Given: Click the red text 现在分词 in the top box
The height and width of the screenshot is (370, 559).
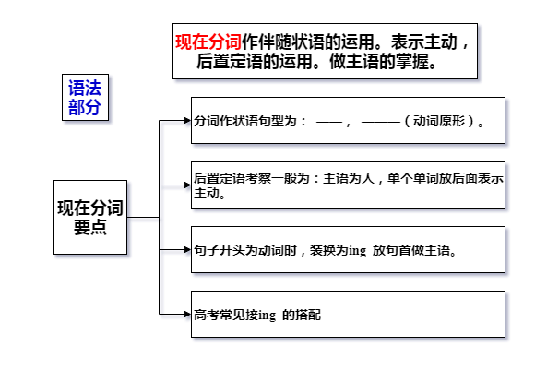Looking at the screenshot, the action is [208, 42].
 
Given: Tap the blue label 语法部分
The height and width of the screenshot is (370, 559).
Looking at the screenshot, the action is [85, 97].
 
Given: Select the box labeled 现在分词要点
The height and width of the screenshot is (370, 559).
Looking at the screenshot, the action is [89, 217].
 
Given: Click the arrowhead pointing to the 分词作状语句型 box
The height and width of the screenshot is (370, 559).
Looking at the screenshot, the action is [187, 121].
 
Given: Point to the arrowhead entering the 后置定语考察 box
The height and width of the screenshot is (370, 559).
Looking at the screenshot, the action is [187, 185].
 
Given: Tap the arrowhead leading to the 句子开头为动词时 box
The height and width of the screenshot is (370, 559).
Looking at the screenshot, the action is [187, 249].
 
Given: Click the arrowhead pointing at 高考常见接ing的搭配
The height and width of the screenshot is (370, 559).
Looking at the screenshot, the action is [187, 314].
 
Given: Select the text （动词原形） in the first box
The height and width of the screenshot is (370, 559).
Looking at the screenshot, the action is [440, 121].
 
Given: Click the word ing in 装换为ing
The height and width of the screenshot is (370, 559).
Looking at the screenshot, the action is [357, 251].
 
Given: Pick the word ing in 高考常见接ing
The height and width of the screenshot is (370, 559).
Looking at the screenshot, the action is [267, 316].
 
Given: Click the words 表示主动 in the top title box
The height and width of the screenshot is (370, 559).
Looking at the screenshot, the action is [424, 42].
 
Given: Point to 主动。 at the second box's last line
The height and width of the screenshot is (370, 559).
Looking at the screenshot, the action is [209, 193].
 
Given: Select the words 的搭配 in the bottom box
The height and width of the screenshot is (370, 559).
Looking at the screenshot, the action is [302, 316].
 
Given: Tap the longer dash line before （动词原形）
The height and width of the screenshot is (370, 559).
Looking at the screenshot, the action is [380, 122].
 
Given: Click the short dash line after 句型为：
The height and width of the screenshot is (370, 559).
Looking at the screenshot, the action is [329, 122].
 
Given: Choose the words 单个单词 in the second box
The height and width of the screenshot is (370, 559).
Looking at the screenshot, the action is [412, 178].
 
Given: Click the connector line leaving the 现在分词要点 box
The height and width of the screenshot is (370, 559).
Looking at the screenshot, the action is [143, 217].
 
